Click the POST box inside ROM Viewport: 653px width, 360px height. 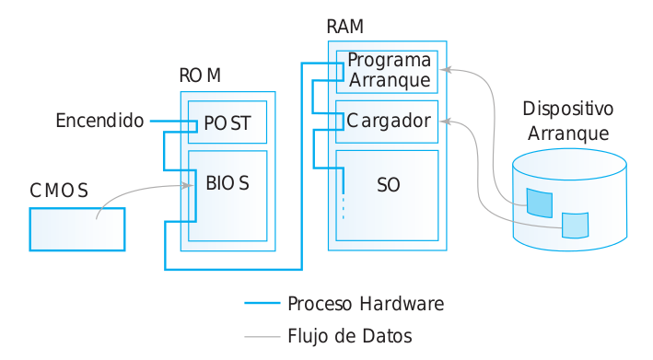point(227,122)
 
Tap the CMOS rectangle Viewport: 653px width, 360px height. point(76,228)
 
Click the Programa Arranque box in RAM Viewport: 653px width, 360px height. point(387,71)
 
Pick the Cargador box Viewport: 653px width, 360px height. point(387,121)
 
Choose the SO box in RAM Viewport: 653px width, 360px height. point(387,194)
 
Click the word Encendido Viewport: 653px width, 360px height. point(99,121)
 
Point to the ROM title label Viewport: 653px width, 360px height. point(200,75)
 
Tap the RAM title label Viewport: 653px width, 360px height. point(344,27)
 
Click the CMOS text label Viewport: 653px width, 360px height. point(59,191)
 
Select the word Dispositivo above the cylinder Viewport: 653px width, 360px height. point(568,109)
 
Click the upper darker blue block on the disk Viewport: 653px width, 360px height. point(538,202)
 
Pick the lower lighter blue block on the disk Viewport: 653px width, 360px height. point(575,225)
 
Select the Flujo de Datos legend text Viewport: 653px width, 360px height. point(349,335)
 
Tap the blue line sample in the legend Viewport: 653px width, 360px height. point(262,303)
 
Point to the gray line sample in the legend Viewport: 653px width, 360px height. point(262,336)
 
